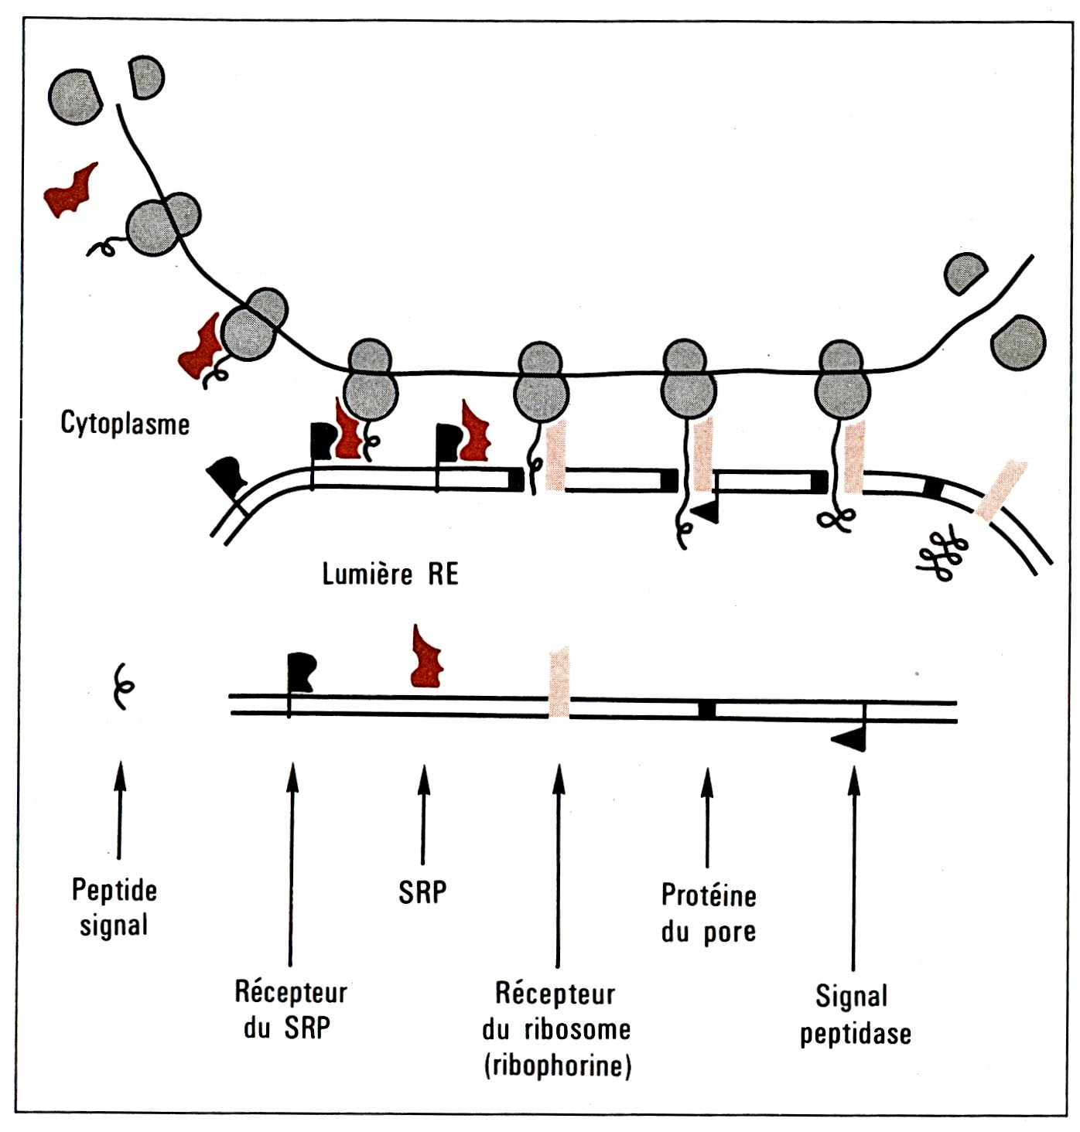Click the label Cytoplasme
(x=125, y=424)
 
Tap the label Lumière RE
(x=390, y=575)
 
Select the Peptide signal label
(x=114, y=908)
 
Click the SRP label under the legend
(x=422, y=892)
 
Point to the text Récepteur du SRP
(x=291, y=1010)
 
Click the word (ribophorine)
(x=558, y=1066)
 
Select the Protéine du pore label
(x=708, y=913)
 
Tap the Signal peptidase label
(x=855, y=1014)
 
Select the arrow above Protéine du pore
(x=706, y=818)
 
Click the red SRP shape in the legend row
(x=427, y=660)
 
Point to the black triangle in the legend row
(x=850, y=740)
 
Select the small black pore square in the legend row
(x=706, y=710)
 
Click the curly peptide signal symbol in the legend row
(x=122, y=685)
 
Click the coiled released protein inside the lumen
(x=943, y=554)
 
